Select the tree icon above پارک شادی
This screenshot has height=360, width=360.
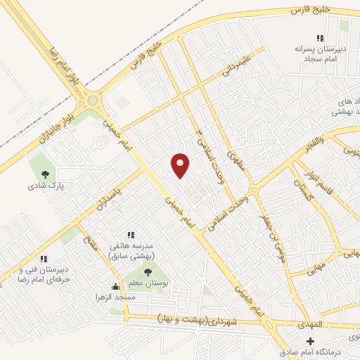click(x=45, y=174)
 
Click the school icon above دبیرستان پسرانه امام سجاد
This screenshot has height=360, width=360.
click(x=321, y=38)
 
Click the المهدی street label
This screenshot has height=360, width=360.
click(x=307, y=325)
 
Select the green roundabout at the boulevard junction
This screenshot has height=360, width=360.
click(x=92, y=101)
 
